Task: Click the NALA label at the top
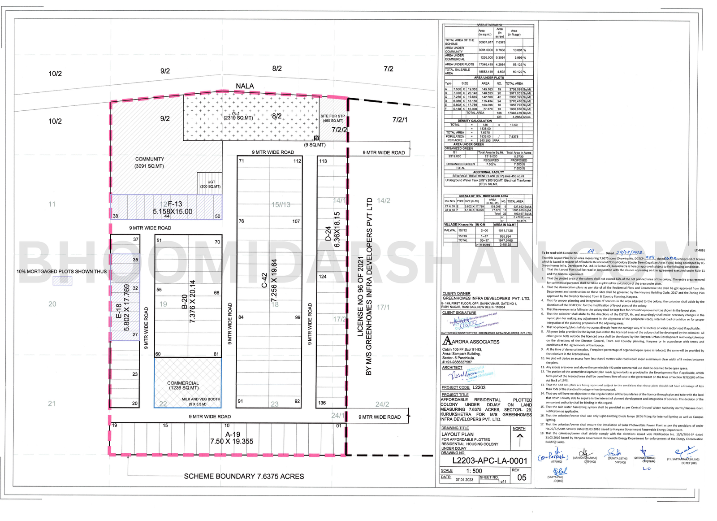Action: (x=245, y=86)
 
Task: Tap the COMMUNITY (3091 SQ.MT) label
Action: (x=150, y=162)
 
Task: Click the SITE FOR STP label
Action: (x=333, y=118)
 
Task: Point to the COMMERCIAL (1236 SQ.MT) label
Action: (x=183, y=385)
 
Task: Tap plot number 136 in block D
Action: (x=322, y=403)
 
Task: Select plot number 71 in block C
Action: (x=242, y=161)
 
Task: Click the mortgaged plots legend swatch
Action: (x=62, y=281)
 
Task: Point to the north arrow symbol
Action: (x=520, y=441)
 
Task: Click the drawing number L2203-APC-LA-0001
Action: (x=490, y=461)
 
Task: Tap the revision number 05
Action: (x=522, y=478)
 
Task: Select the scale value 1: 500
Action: (x=474, y=471)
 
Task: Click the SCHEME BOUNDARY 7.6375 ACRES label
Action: (x=244, y=476)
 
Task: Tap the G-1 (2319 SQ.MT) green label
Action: (x=236, y=116)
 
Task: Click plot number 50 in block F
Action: (x=218, y=216)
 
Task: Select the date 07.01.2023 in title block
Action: (x=464, y=480)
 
